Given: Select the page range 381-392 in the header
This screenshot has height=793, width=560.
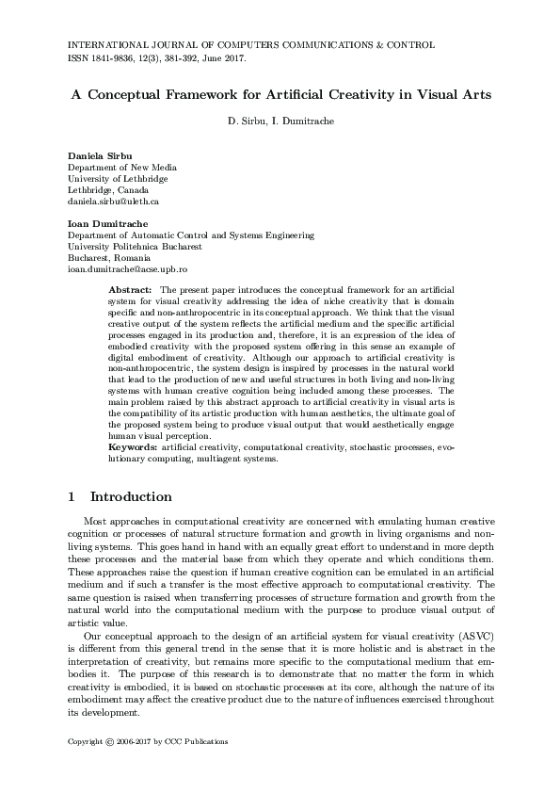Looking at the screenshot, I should (192, 57).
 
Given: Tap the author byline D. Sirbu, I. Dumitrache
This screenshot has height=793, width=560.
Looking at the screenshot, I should (280, 121).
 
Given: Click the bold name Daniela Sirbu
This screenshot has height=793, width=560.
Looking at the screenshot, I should (99, 154).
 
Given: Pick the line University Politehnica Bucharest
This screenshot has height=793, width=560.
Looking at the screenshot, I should (135, 247).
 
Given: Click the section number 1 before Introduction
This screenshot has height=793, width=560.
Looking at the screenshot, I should (72, 496).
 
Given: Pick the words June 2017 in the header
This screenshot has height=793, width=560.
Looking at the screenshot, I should (228, 57).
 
